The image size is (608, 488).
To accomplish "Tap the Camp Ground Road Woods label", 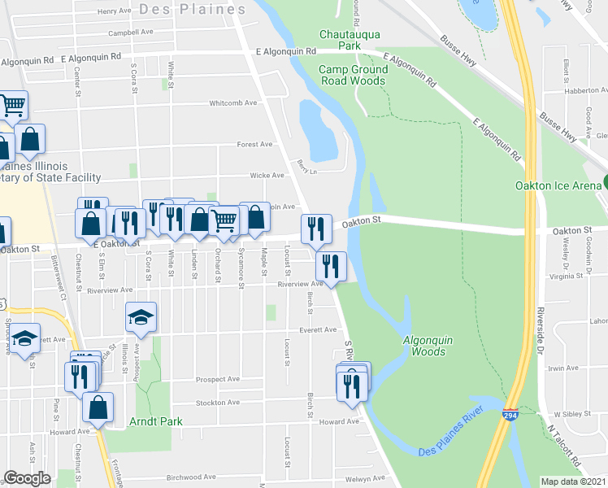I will click(x=353, y=75).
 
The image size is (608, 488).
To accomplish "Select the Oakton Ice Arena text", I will click(x=558, y=185).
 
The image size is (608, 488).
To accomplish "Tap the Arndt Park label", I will click(x=156, y=421).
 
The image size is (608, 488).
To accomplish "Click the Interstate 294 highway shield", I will click(x=510, y=415).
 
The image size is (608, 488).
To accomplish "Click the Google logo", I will click(x=26, y=478).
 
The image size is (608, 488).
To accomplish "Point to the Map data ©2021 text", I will click(x=574, y=481).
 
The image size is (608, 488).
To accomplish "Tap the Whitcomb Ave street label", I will click(x=233, y=103).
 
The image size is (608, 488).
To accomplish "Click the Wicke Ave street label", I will click(x=267, y=175).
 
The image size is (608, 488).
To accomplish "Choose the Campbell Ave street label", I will click(x=131, y=33).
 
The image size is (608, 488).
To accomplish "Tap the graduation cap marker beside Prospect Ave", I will click(x=141, y=317).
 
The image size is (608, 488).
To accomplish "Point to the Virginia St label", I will click(x=589, y=277).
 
